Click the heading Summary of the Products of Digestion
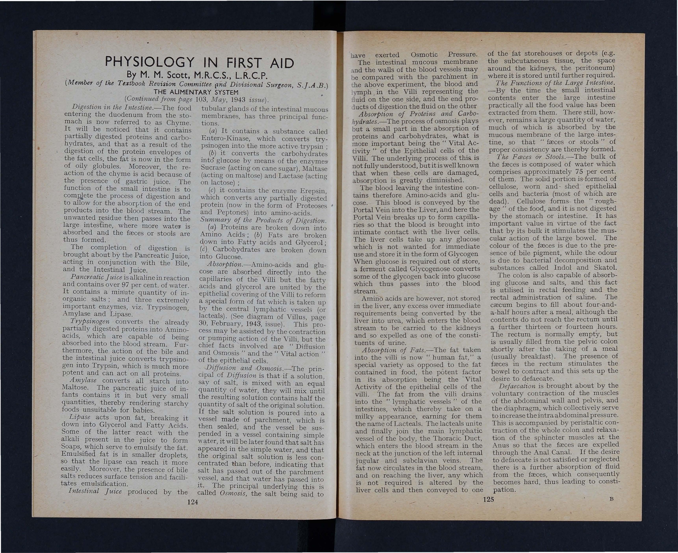pyautogui.click(x=263, y=221)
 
